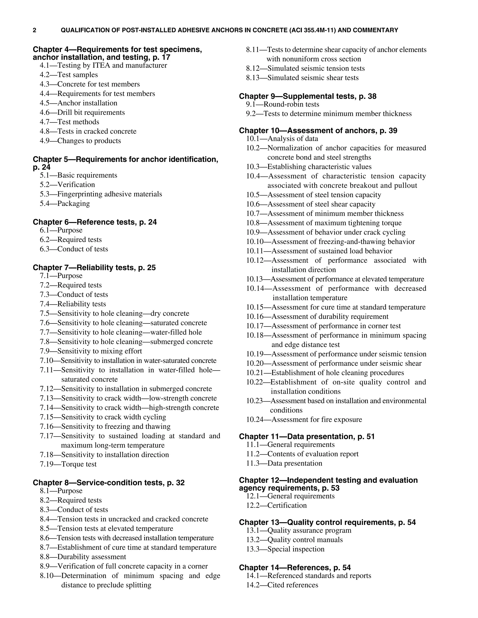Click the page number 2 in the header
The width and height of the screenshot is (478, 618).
(x=35, y=30)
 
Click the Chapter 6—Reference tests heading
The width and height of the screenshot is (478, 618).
(x=95, y=222)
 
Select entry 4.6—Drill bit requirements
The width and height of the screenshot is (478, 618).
(x=82, y=113)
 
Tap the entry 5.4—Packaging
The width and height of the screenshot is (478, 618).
(x=65, y=203)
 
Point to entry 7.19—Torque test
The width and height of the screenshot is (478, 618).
(x=68, y=464)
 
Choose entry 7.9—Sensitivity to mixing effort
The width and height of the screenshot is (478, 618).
(x=91, y=351)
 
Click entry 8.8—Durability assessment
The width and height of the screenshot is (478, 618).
(x=83, y=557)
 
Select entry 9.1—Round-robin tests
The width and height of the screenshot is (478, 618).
(x=283, y=104)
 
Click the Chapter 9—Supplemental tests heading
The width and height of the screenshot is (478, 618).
(x=308, y=97)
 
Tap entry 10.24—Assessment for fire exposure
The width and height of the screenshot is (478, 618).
(x=304, y=419)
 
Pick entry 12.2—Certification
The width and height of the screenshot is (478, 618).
(x=276, y=505)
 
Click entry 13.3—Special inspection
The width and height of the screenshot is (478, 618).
(x=285, y=549)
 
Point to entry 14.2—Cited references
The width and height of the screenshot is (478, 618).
(x=282, y=585)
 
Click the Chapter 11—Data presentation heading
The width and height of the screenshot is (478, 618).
(x=307, y=437)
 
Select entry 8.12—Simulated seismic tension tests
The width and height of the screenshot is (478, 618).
(x=305, y=69)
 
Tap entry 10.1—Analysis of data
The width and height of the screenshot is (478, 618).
(x=282, y=139)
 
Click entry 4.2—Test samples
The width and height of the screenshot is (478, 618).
(x=69, y=75)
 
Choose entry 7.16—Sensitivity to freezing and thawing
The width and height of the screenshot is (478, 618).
(x=105, y=427)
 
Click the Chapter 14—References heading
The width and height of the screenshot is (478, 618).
(x=295, y=568)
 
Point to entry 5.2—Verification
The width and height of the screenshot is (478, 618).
(x=67, y=185)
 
